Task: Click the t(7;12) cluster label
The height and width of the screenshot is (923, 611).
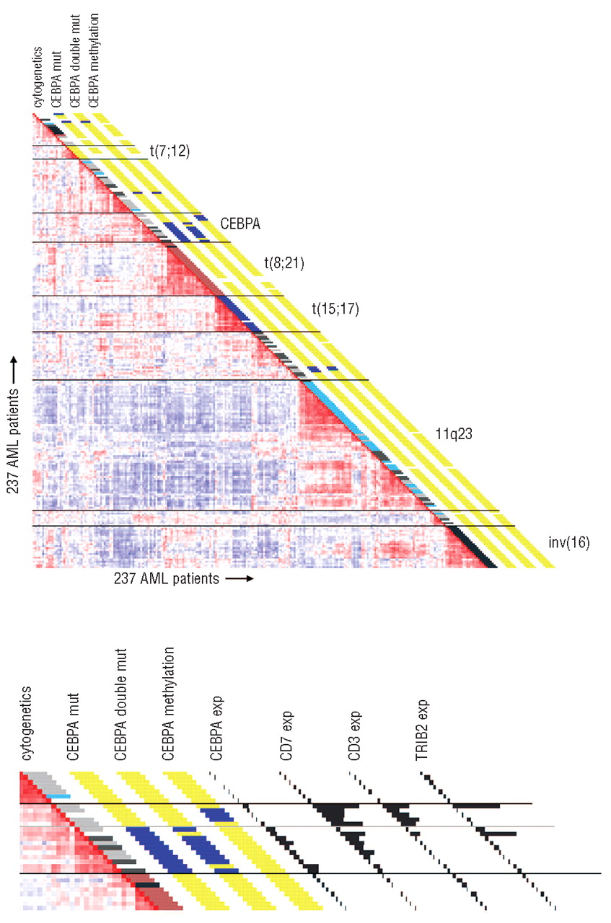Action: pyautogui.click(x=170, y=151)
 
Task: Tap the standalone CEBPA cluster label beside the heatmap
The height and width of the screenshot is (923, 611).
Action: pyautogui.click(x=240, y=224)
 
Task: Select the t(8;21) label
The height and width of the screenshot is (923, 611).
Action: pyautogui.click(x=285, y=264)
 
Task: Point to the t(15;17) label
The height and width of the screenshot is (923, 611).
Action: pyautogui.click(x=335, y=309)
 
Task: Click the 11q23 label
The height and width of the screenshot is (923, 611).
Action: pyautogui.click(x=431, y=436)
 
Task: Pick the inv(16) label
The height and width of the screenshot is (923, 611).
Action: pyautogui.click(x=568, y=543)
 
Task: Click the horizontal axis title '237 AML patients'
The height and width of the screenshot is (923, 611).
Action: pyautogui.click(x=165, y=578)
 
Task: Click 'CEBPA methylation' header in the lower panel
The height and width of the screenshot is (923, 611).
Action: pyautogui.click(x=169, y=707)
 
